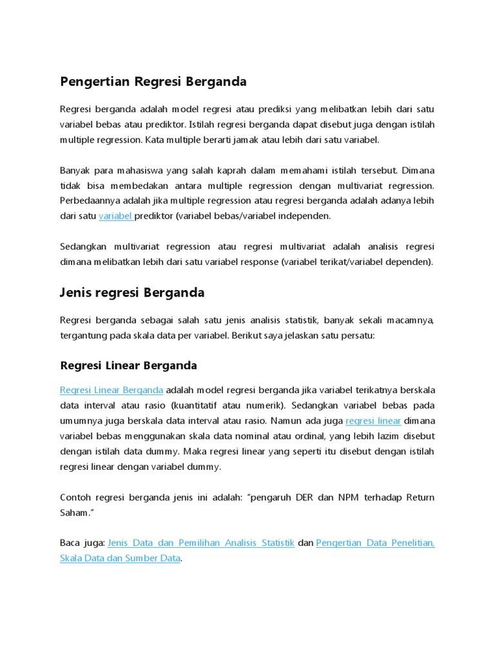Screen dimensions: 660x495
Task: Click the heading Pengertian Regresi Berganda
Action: click(x=153, y=82)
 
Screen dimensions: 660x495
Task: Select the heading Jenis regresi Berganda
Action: click(x=132, y=293)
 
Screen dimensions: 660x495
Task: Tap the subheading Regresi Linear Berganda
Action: click(x=128, y=365)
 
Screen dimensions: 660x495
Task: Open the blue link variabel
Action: click(x=116, y=216)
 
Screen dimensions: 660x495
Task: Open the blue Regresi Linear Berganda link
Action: click(x=112, y=390)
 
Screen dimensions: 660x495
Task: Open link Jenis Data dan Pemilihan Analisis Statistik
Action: click(x=201, y=543)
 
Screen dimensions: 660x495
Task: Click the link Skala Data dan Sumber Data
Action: click(x=120, y=558)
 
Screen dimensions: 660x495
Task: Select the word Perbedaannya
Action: click(x=87, y=200)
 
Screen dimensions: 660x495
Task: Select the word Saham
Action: click(x=73, y=512)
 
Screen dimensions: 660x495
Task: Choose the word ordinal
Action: click(x=289, y=436)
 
